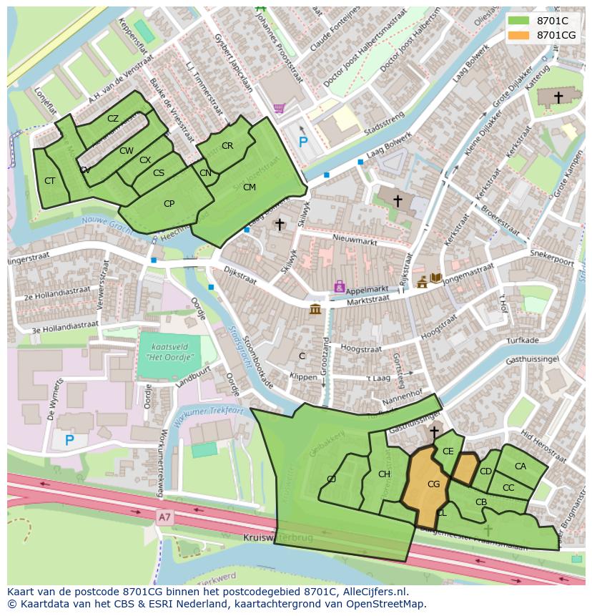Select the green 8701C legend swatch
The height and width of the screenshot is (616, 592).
pyautogui.click(x=521, y=21)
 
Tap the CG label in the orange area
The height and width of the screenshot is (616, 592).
pyautogui.click(x=433, y=484)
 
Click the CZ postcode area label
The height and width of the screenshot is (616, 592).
pyautogui.click(x=113, y=119)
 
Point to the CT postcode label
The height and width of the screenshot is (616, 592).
pyautogui.click(x=49, y=181)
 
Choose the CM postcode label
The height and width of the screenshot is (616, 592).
pyautogui.click(x=249, y=187)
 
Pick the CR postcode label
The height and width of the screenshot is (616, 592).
pyautogui.click(x=227, y=146)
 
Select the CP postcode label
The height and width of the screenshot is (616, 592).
pyautogui.click(x=169, y=204)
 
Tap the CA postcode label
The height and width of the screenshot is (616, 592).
pyautogui.click(x=520, y=466)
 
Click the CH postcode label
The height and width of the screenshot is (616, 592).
pyautogui.click(x=384, y=474)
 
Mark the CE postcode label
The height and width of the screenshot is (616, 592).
pyautogui.click(x=448, y=451)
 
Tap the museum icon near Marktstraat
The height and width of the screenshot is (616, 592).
pyautogui.click(x=315, y=309)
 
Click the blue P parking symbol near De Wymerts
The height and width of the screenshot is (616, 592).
pyautogui.click(x=69, y=440)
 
